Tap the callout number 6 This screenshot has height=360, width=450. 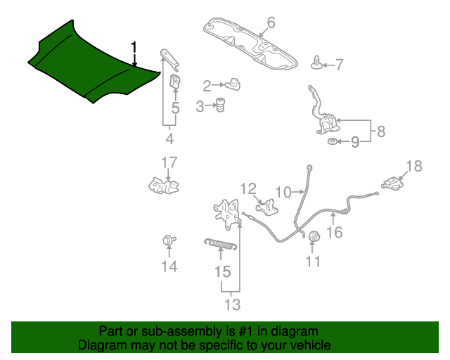pyautogui.click(x=271, y=22)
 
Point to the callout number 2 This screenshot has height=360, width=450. pyautogui.click(x=207, y=86)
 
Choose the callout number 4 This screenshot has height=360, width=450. pyautogui.click(x=169, y=138)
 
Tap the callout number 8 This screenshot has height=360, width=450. pyautogui.click(x=380, y=131)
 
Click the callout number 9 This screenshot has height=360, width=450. pyautogui.click(x=355, y=143)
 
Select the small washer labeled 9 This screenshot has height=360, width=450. pyautogui.click(x=331, y=143)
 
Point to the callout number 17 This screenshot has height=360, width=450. pyautogui.click(x=169, y=163)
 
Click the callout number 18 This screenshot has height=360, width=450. pyautogui.click(x=414, y=166)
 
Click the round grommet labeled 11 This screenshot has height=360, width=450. pyautogui.click(x=314, y=237)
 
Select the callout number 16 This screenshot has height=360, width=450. pyautogui.click(x=335, y=231)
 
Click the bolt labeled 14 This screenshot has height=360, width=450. pyautogui.click(x=168, y=240)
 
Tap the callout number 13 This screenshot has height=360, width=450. pyautogui.click(x=232, y=304)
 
